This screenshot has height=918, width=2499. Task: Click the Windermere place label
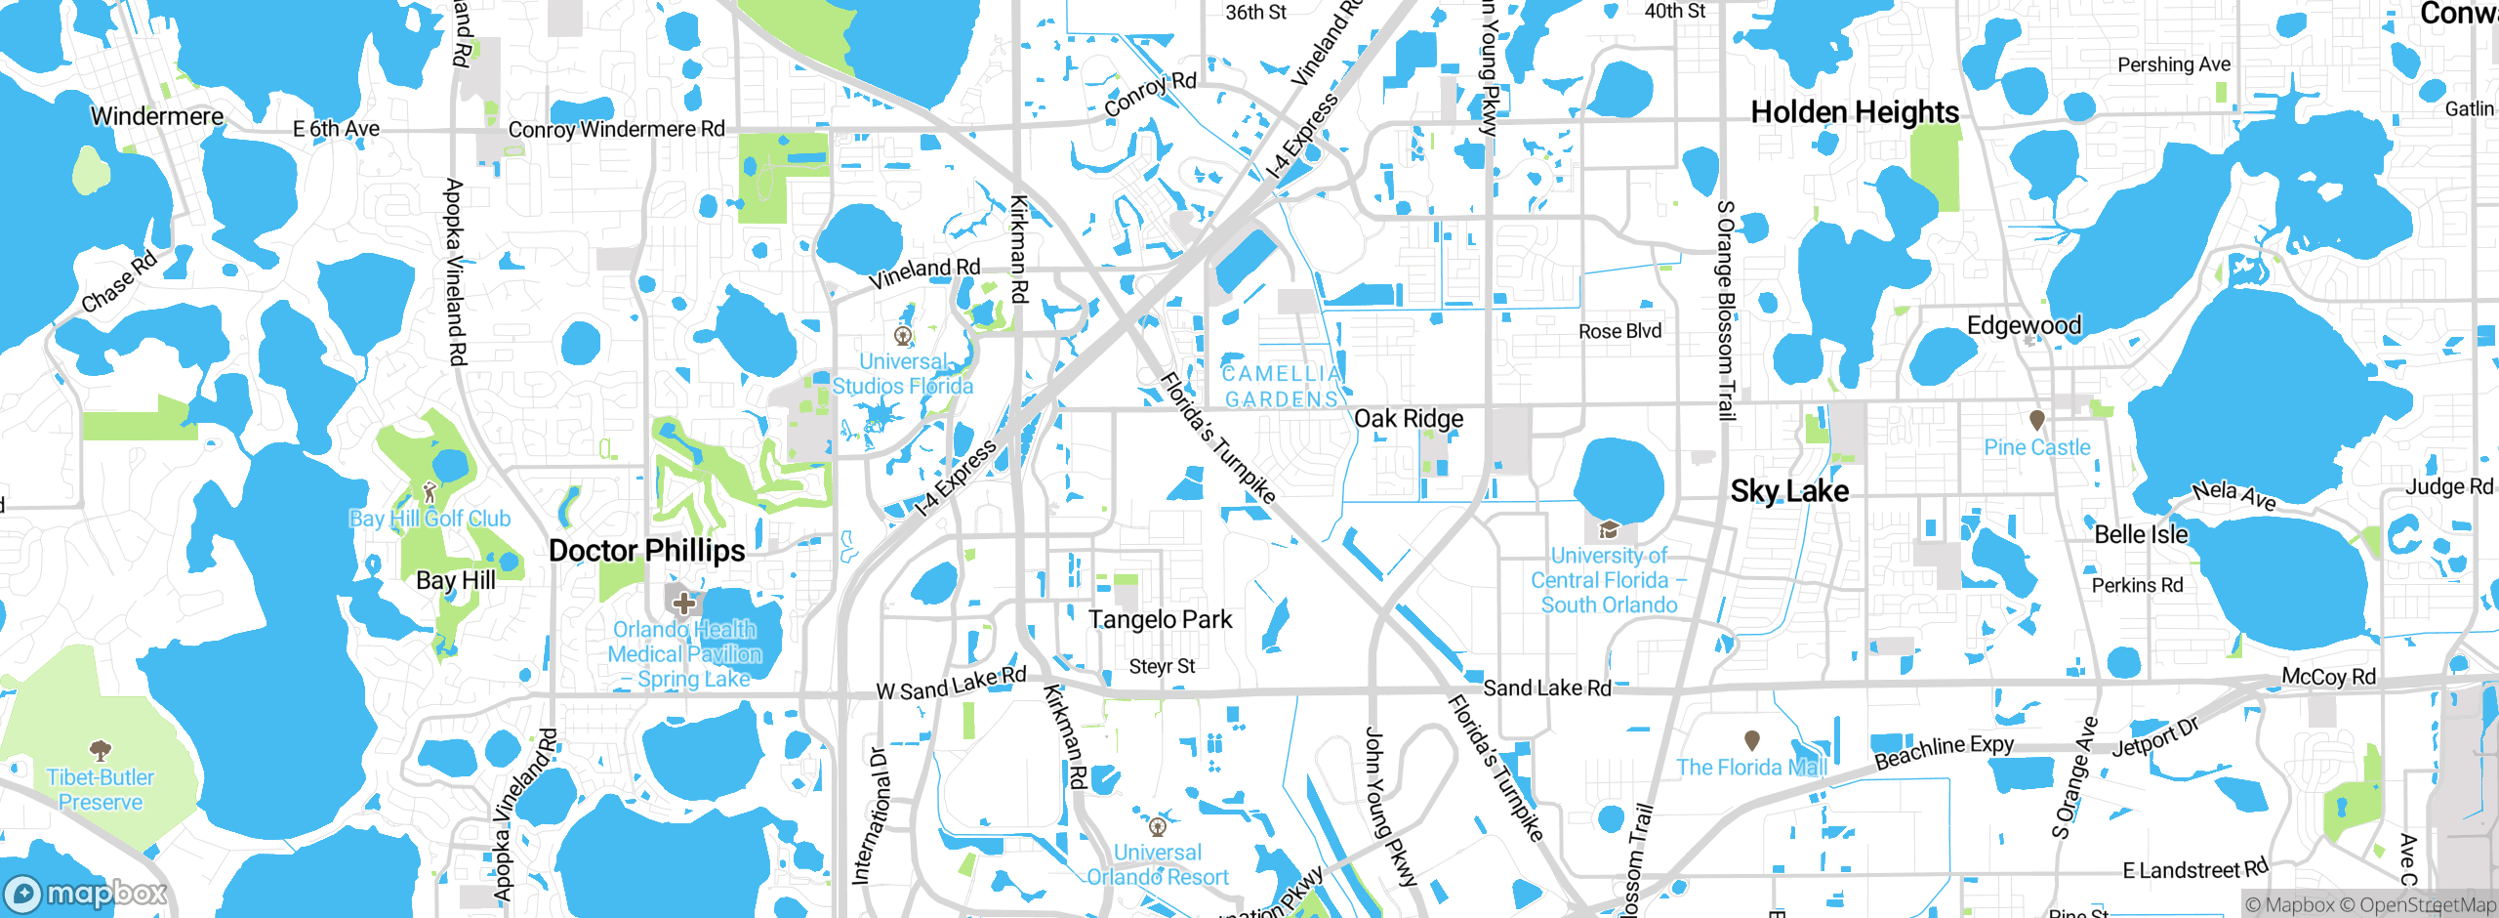pos(157,116)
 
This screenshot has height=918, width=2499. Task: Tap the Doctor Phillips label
pos(646,551)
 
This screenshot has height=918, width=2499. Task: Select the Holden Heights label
pos(1855,112)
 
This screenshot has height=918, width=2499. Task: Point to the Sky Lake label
pos(1789,491)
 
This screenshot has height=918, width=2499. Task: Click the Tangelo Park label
pos(1160,620)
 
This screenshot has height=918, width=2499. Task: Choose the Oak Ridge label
pos(1409,419)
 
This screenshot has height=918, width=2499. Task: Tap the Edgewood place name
pos(2024,325)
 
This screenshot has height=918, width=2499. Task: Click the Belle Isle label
pos(2141,535)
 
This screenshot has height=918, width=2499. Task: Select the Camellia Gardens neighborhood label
pos(1282,387)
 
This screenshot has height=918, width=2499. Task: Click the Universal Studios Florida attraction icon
pos(904,337)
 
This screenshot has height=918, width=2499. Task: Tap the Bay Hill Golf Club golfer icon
pos(430,492)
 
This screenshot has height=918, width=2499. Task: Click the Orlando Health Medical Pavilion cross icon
pos(683,603)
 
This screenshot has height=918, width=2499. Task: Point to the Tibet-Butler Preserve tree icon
pos(100,751)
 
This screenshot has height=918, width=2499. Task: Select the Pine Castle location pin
pos(2036,421)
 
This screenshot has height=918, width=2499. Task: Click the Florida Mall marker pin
pos(1752,740)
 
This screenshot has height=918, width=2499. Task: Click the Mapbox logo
pos(86,894)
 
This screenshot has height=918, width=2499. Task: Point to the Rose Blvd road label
pos(1619,332)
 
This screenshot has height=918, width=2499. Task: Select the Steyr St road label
pos(1162,667)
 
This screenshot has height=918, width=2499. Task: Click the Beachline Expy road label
pos(1944,751)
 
